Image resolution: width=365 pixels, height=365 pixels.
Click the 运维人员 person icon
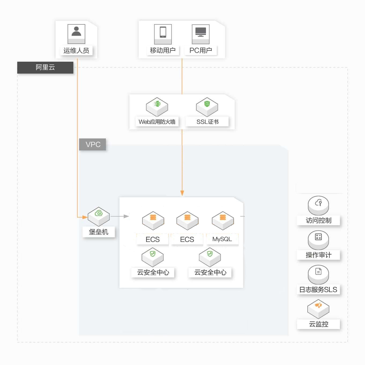[x=76, y=34]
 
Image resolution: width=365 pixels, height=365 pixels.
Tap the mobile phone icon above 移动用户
[x=163, y=34]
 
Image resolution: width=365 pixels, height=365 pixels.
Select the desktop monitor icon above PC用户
[x=201, y=34]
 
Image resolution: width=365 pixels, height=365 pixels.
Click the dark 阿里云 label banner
[x=45, y=67]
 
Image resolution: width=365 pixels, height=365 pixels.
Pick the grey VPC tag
[x=93, y=144]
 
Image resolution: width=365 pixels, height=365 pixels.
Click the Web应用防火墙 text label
[x=157, y=121]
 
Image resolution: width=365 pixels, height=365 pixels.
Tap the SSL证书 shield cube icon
[x=207, y=107]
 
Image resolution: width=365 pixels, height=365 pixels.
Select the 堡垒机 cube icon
[x=99, y=216]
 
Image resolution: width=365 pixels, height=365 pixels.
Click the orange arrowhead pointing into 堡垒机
[x=85, y=217]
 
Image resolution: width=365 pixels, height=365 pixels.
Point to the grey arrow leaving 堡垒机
[x=120, y=216]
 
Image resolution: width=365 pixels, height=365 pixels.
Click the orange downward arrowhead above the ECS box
[x=182, y=193]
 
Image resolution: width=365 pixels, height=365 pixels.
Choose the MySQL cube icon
[x=223, y=221]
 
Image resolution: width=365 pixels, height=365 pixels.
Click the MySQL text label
[x=222, y=239]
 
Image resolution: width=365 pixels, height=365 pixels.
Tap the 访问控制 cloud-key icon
[x=318, y=205]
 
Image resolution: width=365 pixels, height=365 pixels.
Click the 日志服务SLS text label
[x=318, y=289]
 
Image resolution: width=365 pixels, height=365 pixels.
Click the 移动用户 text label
[x=163, y=50]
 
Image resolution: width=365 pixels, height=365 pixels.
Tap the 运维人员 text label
[x=76, y=51]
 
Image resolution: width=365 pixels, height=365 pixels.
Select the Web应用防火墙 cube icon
[x=157, y=107]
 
